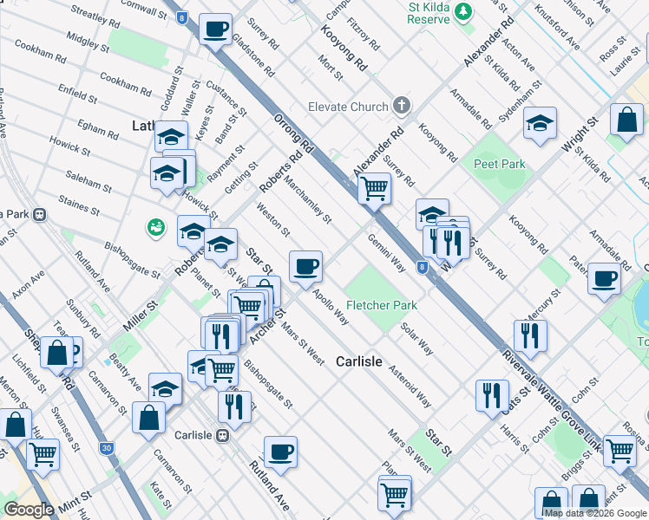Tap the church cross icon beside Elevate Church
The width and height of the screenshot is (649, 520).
pos(400,107)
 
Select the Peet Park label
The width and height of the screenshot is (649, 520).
pos(499,163)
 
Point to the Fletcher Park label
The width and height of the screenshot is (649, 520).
pos(382,305)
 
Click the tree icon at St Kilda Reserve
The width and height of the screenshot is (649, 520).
pos(464,10)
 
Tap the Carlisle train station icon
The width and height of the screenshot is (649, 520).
pos(223,435)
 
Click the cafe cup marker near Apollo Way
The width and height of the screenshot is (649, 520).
pos(305,266)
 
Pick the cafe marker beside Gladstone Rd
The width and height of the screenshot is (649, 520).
pos(214,29)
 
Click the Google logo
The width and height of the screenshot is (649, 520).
pos(29,510)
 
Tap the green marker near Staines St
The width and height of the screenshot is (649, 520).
pos(156,227)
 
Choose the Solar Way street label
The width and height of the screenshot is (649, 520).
pos(417,339)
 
